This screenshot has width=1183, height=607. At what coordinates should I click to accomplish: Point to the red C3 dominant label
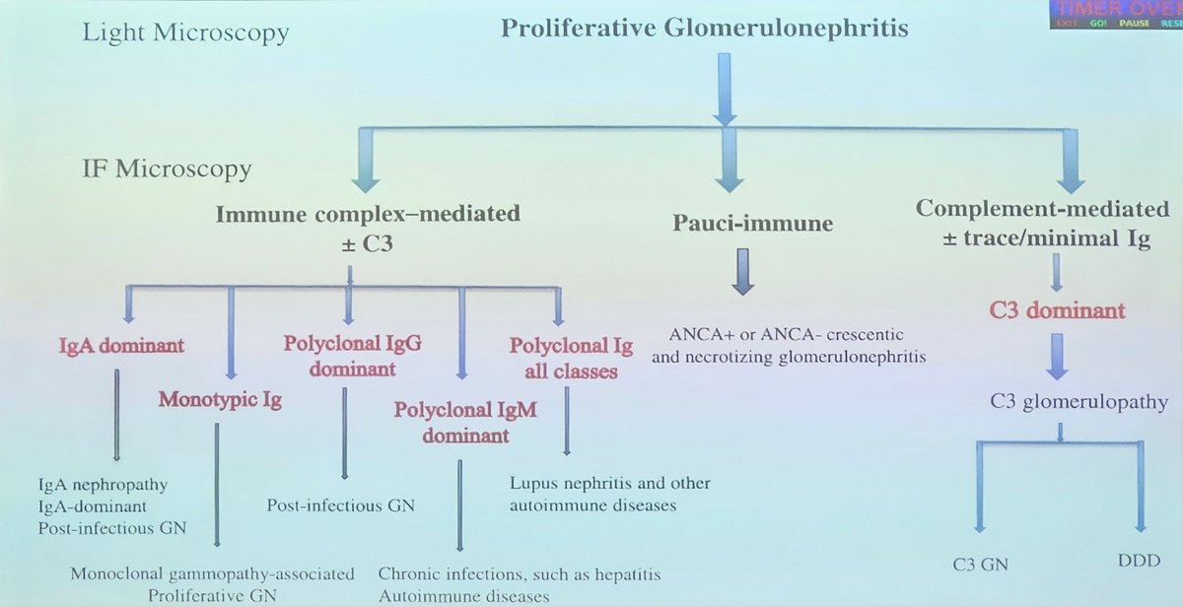click(1056, 311)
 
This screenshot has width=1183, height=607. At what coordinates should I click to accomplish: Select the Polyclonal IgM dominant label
click(466, 422)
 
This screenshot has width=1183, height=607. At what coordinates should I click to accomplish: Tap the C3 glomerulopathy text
click(1065, 402)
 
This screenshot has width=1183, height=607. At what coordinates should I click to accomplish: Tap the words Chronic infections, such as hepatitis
click(520, 573)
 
